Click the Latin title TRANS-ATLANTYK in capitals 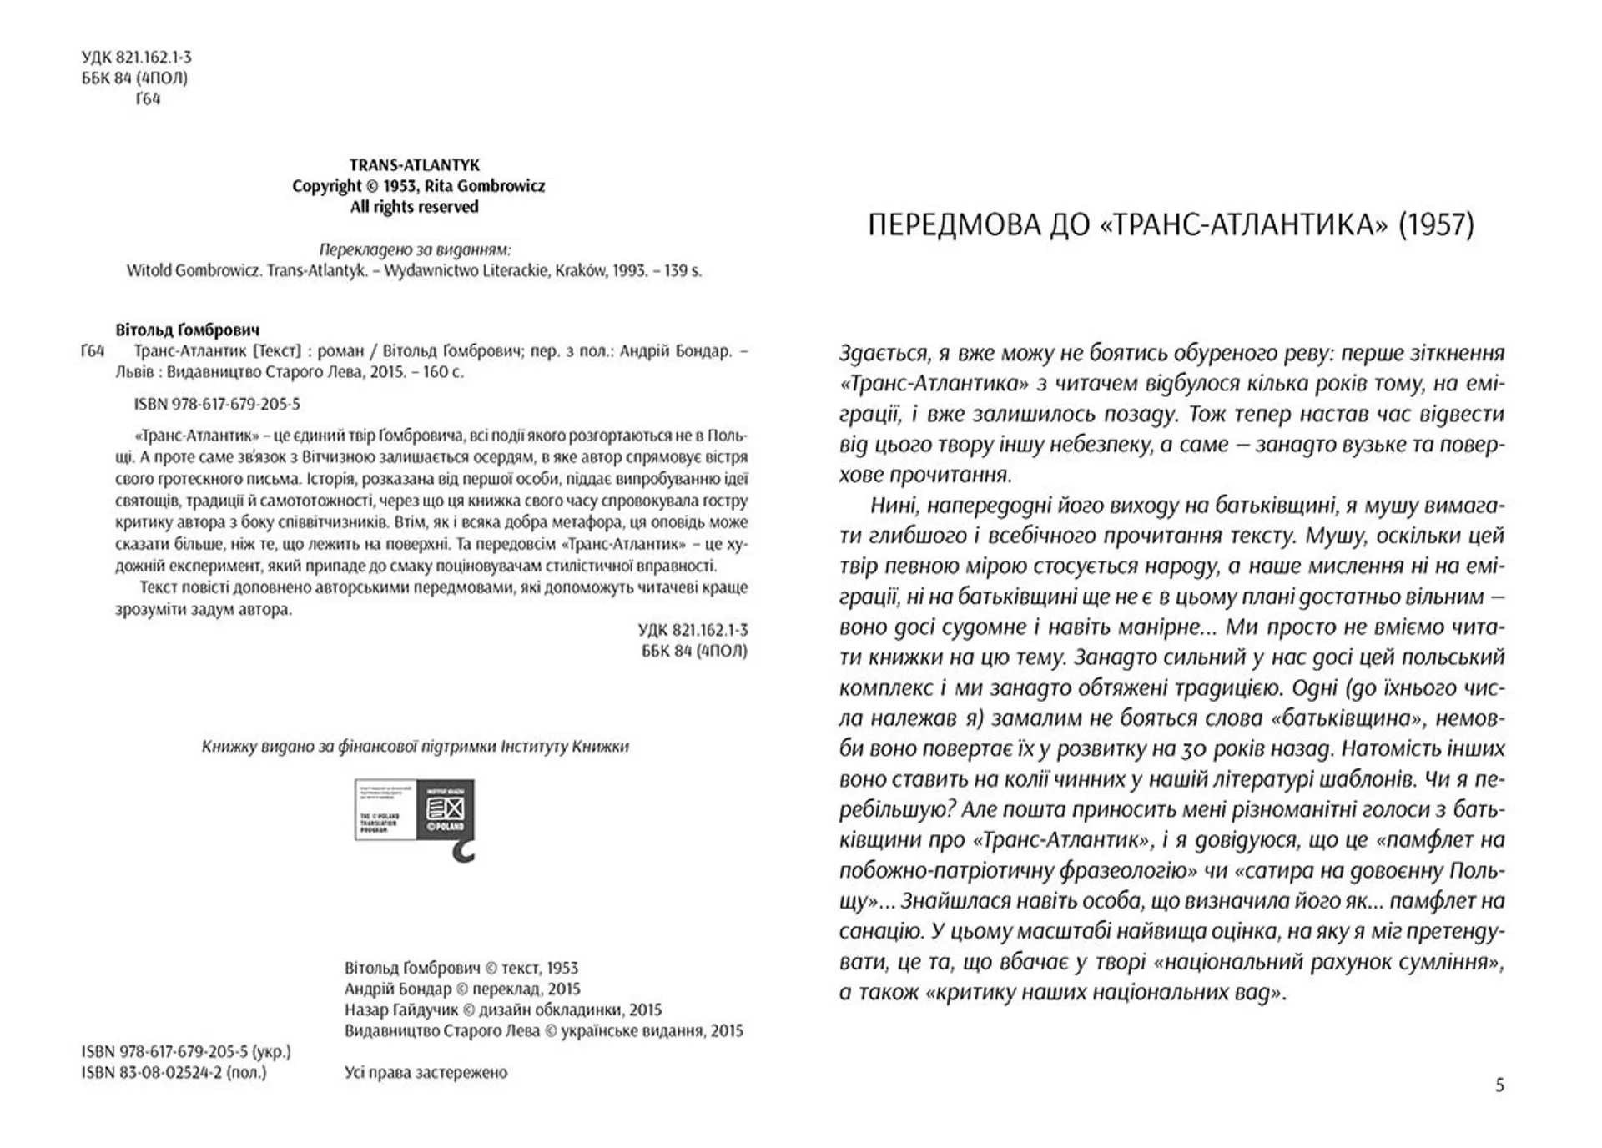[x=414, y=165]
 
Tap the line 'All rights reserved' [x=414, y=207]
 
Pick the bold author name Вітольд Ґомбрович [x=188, y=330]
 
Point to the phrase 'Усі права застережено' [x=426, y=1073]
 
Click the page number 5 [x=1499, y=1085]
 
